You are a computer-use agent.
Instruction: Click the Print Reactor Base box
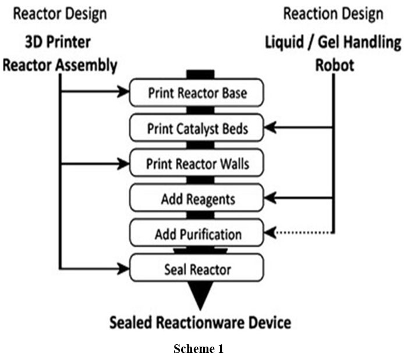pyautogui.click(x=196, y=92)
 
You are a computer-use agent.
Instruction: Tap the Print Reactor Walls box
pyautogui.click(x=196, y=163)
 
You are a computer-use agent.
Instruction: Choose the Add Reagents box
pyautogui.click(x=196, y=199)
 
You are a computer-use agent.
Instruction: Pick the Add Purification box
pyautogui.click(x=196, y=234)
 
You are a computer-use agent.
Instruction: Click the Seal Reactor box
pyautogui.click(x=196, y=269)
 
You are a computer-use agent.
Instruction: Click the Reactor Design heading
pyautogui.click(x=56, y=13)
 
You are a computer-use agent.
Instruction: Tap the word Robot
pyautogui.click(x=334, y=64)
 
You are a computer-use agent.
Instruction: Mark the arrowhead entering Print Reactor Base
pyautogui.click(x=124, y=92)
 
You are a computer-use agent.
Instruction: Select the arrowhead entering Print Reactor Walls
pyautogui.click(x=124, y=163)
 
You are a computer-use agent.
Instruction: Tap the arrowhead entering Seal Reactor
pyautogui.click(x=124, y=269)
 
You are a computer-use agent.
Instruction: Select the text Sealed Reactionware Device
pyautogui.click(x=200, y=322)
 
